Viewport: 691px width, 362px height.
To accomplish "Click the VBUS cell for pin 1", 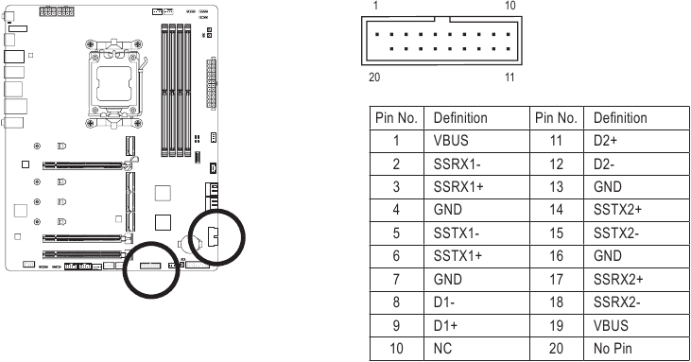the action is [476, 141].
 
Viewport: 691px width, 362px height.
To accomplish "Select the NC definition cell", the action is [476, 349].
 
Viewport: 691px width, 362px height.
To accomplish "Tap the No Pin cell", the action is [636, 349].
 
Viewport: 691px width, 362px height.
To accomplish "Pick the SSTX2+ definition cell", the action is [636, 210].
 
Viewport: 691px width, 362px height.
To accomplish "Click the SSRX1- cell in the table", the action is [476, 164].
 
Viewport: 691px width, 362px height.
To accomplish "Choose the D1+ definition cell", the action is [476, 325].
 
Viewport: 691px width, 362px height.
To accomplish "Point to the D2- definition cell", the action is [636, 164].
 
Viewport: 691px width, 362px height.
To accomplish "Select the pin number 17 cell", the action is [557, 279].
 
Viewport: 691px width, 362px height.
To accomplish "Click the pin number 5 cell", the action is [397, 233].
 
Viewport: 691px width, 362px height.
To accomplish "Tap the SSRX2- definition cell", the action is [636, 302].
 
